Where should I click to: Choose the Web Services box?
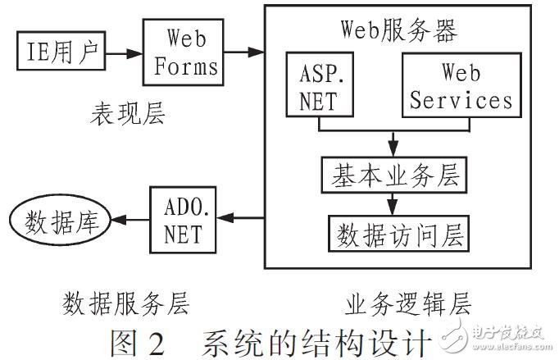click(461, 85)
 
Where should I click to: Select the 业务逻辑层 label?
click(405, 305)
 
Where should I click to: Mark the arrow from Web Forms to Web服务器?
click(243, 52)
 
